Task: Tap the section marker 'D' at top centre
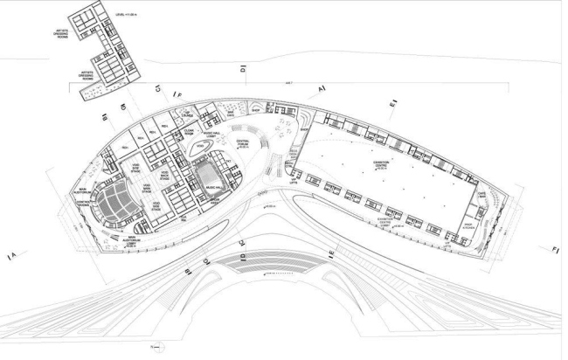[243, 67]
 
